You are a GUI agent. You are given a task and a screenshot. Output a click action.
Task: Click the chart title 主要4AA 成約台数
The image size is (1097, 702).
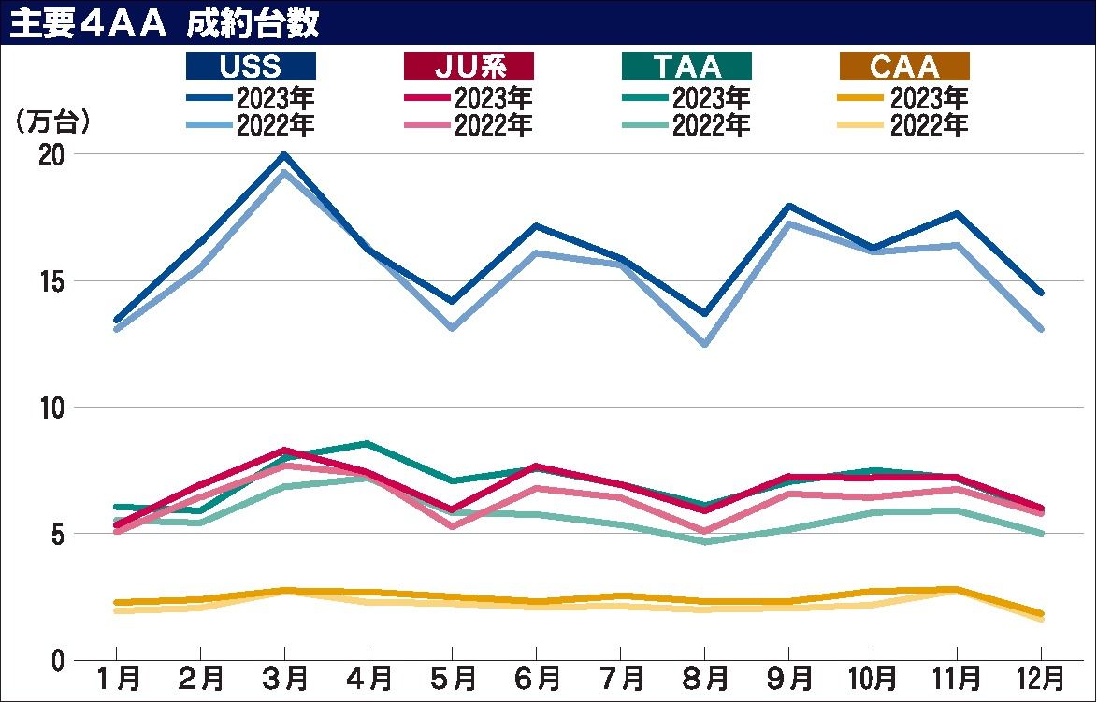pyautogui.click(x=164, y=22)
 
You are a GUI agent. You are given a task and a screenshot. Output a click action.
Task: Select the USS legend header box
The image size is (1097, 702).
pyautogui.click(x=251, y=66)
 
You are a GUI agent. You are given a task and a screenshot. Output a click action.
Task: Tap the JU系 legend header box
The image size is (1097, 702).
pyautogui.click(x=469, y=66)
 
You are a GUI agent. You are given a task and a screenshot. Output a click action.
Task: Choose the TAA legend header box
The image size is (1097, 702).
pyautogui.click(x=686, y=66)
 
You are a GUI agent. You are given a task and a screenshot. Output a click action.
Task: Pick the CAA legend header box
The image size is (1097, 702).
pyautogui.click(x=904, y=66)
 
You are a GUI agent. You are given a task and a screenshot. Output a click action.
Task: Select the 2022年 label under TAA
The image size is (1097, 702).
pyautogui.click(x=711, y=124)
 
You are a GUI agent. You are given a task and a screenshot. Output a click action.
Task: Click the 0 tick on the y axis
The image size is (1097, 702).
pyautogui.click(x=57, y=660)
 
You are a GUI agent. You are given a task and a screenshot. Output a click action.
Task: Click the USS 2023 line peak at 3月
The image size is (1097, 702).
pyautogui.click(x=284, y=155)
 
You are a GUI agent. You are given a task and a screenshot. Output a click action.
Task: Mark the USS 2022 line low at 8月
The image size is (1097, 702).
pyautogui.click(x=704, y=344)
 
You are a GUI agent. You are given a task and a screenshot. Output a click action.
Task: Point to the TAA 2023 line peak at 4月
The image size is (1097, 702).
pyautogui.click(x=368, y=443)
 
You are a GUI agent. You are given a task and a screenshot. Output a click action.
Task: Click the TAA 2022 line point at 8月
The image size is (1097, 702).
pyautogui.click(x=704, y=541)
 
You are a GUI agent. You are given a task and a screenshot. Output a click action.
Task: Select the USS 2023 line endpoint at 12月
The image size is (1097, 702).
pyautogui.click(x=1041, y=293)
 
